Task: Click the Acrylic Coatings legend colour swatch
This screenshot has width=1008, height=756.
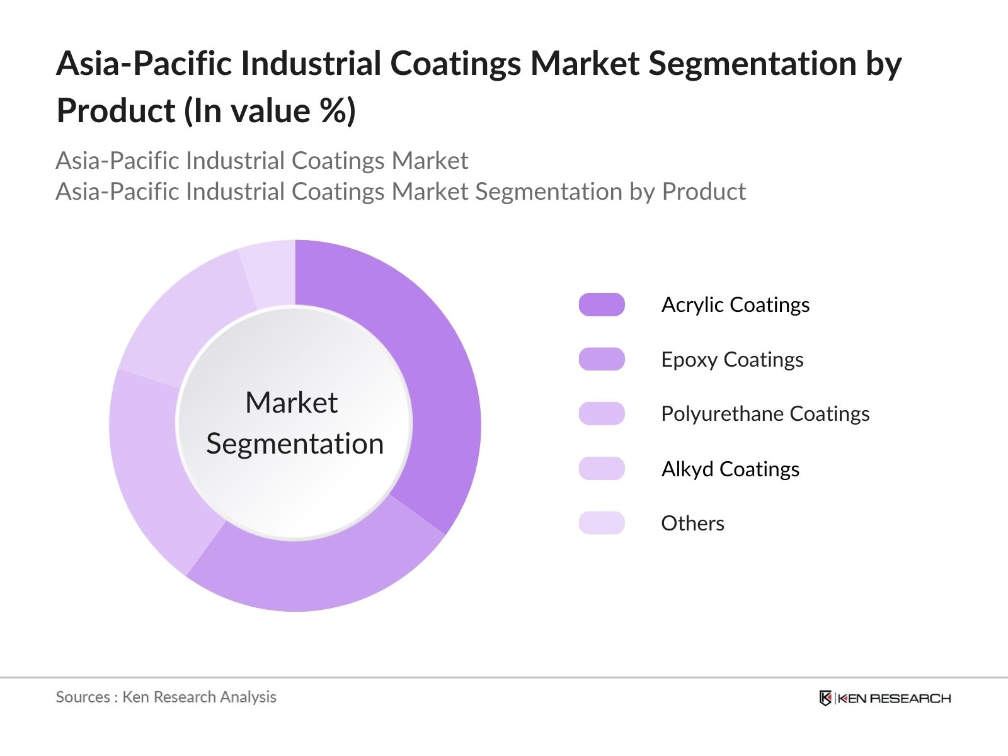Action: [602, 305]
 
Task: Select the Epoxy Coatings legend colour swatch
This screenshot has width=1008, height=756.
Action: [602, 359]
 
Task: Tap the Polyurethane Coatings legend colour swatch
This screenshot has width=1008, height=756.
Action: [602, 414]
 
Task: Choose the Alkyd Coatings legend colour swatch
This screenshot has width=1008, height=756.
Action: [602, 469]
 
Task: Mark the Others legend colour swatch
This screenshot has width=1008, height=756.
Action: [602, 523]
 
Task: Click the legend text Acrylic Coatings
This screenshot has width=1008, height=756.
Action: [735, 305]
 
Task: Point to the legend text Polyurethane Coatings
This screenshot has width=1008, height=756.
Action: [765, 414]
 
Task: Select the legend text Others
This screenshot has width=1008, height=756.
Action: [692, 523]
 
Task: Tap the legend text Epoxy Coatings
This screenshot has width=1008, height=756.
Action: [732, 359]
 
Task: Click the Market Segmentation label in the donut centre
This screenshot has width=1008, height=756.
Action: [294, 423]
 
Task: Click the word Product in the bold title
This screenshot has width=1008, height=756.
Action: [116, 111]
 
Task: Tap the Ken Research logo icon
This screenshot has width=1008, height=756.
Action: [825, 698]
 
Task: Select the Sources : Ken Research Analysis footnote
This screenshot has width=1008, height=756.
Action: [166, 697]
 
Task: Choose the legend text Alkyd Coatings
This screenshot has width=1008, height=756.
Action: [730, 469]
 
